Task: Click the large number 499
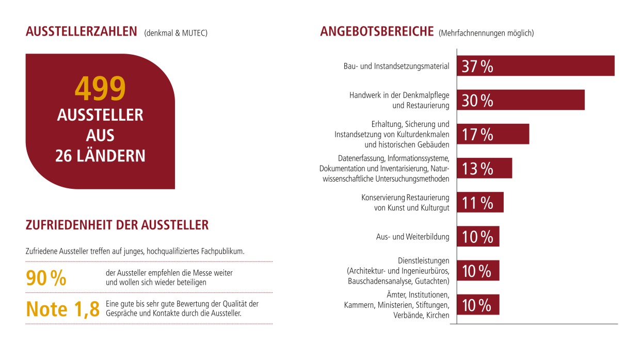pyautogui.click(x=100, y=89)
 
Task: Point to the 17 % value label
pyautogui.click(x=477, y=135)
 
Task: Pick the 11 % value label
pyautogui.click(x=477, y=203)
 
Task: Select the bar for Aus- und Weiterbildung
pyautogui.click(x=478, y=237)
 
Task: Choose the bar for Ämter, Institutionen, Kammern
pyautogui.click(x=478, y=305)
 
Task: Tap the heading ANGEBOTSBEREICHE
pyautogui.click(x=377, y=31)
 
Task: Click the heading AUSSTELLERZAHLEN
pyautogui.click(x=82, y=32)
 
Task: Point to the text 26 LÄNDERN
pyautogui.click(x=100, y=156)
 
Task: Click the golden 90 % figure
pyautogui.click(x=46, y=278)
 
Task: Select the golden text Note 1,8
pyautogui.click(x=62, y=308)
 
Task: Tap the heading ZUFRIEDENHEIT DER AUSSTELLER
pyautogui.click(x=117, y=225)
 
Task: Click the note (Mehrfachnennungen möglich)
pyautogui.click(x=486, y=33)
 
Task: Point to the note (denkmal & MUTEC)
pyautogui.click(x=176, y=33)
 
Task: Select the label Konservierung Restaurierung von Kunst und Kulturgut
pyautogui.click(x=405, y=203)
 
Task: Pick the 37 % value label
pyautogui.click(x=477, y=67)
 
